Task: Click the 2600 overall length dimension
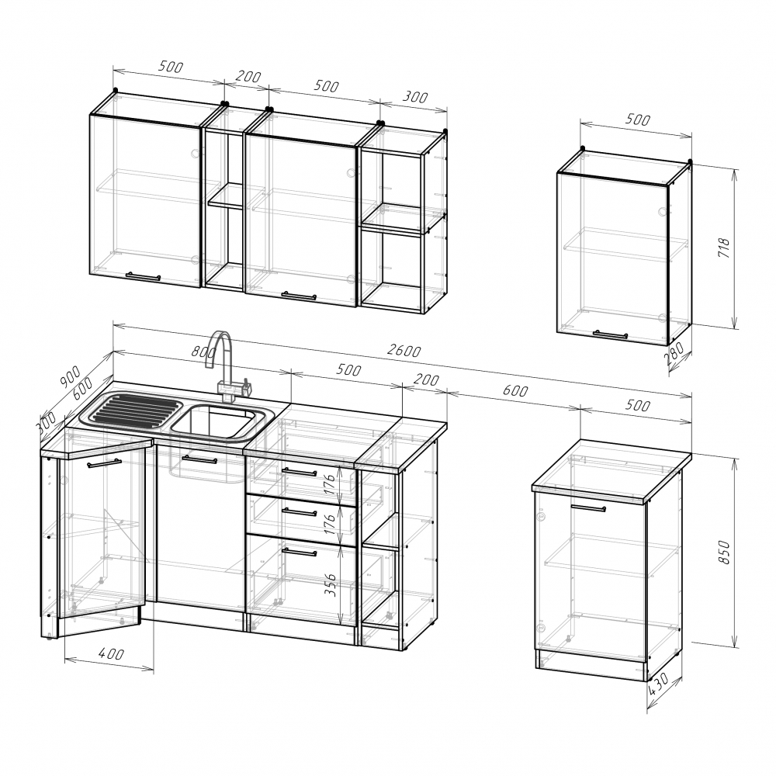(x=404, y=351)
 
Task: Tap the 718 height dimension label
(x=723, y=248)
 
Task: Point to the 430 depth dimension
(x=659, y=684)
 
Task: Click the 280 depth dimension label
(x=675, y=353)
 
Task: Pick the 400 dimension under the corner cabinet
(x=111, y=653)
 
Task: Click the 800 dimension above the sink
(x=204, y=352)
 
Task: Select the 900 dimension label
(x=70, y=376)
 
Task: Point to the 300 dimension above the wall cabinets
(x=414, y=96)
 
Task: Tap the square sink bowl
(x=217, y=421)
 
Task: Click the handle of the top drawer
(x=299, y=472)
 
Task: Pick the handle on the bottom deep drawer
(x=299, y=551)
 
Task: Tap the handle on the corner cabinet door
(x=104, y=463)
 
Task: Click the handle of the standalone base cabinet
(x=588, y=508)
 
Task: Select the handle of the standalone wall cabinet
(x=611, y=334)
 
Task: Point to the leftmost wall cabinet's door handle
(x=143, y=276)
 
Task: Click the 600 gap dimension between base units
(x=515, y=390)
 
